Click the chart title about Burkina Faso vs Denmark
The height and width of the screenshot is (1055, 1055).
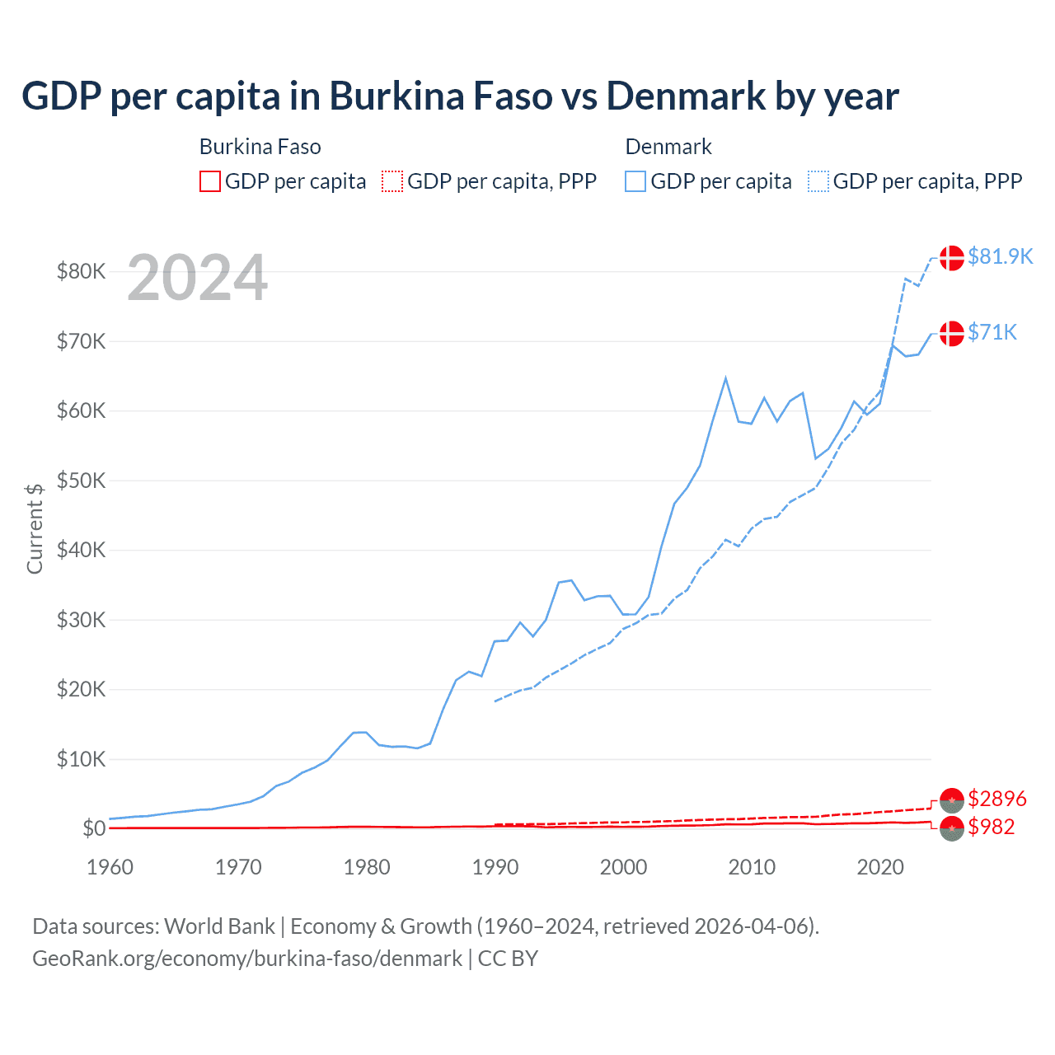460,96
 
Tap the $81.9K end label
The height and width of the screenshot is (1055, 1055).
1000,256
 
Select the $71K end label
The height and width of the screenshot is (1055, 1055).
992,332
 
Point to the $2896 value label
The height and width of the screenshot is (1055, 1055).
997,799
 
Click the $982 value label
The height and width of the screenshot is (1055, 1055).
992,827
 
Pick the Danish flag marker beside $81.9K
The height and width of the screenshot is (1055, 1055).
952,257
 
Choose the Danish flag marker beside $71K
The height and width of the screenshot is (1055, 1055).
952,333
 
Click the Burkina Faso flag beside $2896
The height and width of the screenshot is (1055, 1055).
952,799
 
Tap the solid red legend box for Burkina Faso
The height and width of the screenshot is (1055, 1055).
210,181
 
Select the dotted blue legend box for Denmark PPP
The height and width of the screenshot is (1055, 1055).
818,181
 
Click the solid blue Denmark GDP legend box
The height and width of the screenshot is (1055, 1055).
635,181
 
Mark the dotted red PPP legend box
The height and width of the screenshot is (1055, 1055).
392,181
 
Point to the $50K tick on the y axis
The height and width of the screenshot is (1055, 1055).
81,481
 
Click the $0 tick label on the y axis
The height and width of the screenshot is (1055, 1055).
94,828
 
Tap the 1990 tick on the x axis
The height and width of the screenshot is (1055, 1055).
495,867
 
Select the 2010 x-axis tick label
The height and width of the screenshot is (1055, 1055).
752,867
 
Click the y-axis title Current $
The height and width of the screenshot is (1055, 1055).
35,528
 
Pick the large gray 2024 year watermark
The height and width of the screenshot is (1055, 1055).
197,278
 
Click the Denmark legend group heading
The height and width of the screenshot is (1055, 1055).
668,147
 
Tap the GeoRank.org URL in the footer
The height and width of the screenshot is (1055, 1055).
247,959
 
